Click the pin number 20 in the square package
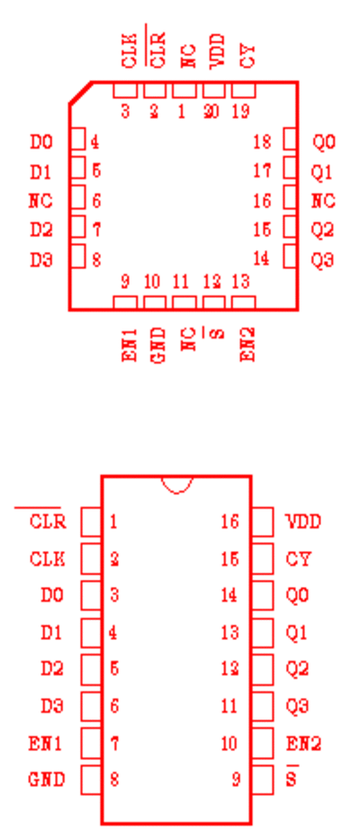(211, 113)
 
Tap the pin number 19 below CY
(241, 113)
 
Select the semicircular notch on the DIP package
(176, 484)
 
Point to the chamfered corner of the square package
(80, 93)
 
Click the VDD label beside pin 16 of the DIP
(303, 522)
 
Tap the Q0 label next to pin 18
(324, 142)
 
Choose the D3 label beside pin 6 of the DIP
(52, 706)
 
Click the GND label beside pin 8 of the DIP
(47, 780)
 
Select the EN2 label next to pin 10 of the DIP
(304, 744)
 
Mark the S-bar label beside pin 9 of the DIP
(292, 777)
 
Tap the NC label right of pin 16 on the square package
(324, 202)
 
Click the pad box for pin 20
(214, 91)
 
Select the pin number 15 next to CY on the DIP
(229, 559)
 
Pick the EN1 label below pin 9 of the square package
(130, 345)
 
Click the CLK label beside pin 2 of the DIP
(47, 559)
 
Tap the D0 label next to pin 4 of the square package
(41, 142)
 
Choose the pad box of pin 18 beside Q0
(291, 140)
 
